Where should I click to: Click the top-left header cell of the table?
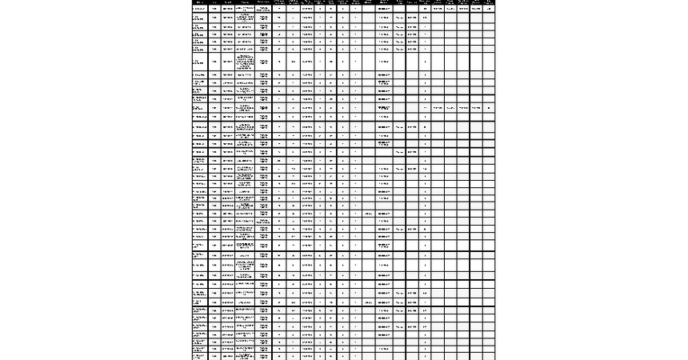[201, 2]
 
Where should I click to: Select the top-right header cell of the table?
[489, 2]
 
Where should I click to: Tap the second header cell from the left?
[215, 2]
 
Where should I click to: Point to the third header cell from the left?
[228, 2]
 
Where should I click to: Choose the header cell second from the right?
[476, 2]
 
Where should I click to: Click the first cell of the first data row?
[201, 9]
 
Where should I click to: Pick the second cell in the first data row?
[215, 9]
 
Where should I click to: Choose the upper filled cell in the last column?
[489, 9]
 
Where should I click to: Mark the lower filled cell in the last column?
[489, 107]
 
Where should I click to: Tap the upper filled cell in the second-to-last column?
[476, 9]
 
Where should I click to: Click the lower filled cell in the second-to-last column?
[476, 107]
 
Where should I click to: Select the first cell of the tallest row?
[201, 62]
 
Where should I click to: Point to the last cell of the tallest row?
[489, 62]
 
